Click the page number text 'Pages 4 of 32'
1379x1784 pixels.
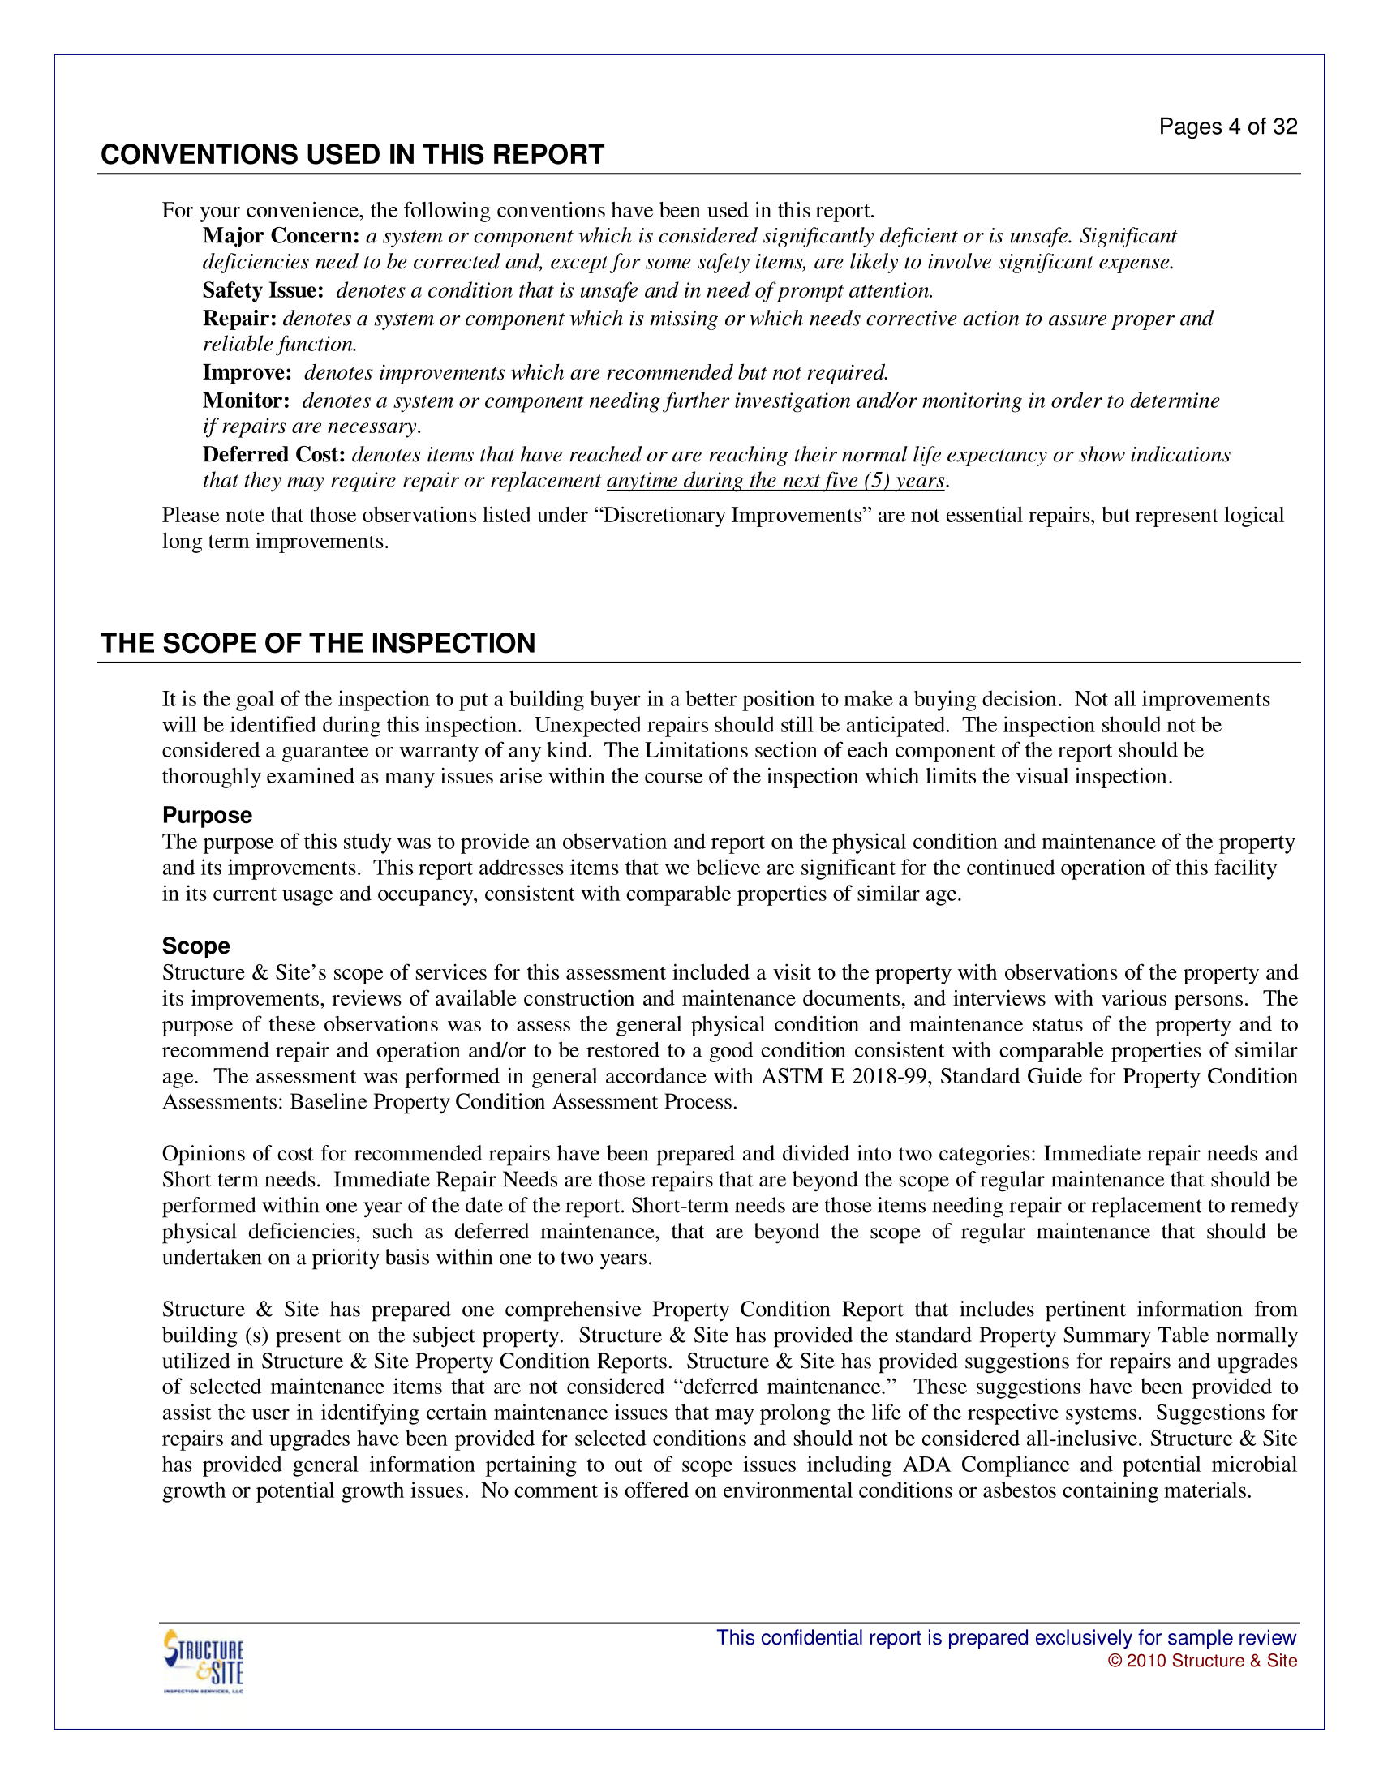(1227, 127)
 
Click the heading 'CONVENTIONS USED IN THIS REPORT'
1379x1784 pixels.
(352, 154)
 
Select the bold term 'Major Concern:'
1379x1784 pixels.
(281, 236)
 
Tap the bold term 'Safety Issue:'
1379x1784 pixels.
(263, 291)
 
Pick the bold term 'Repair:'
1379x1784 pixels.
(239, 319)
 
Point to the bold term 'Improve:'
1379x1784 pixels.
(247, 373)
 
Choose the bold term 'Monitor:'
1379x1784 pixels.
(246, 401)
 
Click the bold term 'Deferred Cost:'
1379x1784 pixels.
(273, 455)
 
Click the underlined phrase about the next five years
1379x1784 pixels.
(775, 481)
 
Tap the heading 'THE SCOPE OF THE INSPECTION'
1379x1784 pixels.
(318, 643)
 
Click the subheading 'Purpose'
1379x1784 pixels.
(207, 815)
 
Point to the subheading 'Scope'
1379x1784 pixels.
(196, 946)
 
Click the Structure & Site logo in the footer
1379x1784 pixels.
(204, 1662)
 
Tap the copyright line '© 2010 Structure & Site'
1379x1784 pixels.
(1201, 1661)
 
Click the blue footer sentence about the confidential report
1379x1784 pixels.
(1006, 1638)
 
